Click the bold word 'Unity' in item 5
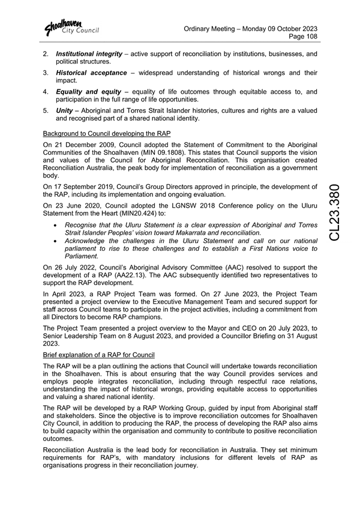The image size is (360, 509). tap(66, 111)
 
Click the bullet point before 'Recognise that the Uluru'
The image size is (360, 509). tap(55, 224)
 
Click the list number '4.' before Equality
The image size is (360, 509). tap(46, 92)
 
